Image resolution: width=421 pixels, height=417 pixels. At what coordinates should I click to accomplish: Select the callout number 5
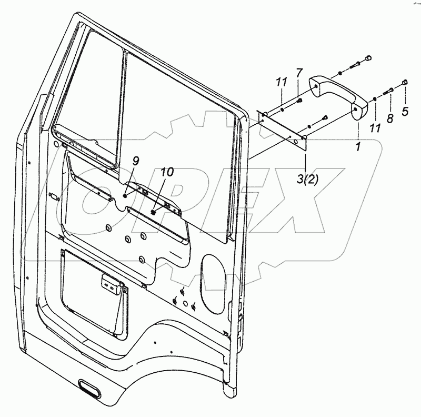[x=405, y=111]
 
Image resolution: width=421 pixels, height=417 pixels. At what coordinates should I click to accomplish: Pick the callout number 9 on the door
[x=135, y=161]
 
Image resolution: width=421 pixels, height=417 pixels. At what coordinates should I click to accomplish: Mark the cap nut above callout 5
[x=405, y=82]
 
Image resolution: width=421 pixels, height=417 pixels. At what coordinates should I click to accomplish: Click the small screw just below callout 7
[x=299, y=100]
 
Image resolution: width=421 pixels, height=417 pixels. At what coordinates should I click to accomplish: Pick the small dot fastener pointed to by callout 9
[x=125, y=195]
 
